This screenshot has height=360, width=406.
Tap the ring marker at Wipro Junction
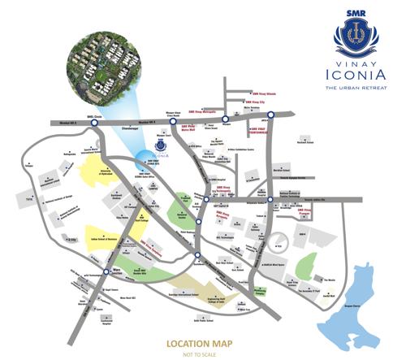click(x=107, y=271)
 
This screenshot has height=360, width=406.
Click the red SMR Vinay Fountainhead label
click(x=261, y=130)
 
